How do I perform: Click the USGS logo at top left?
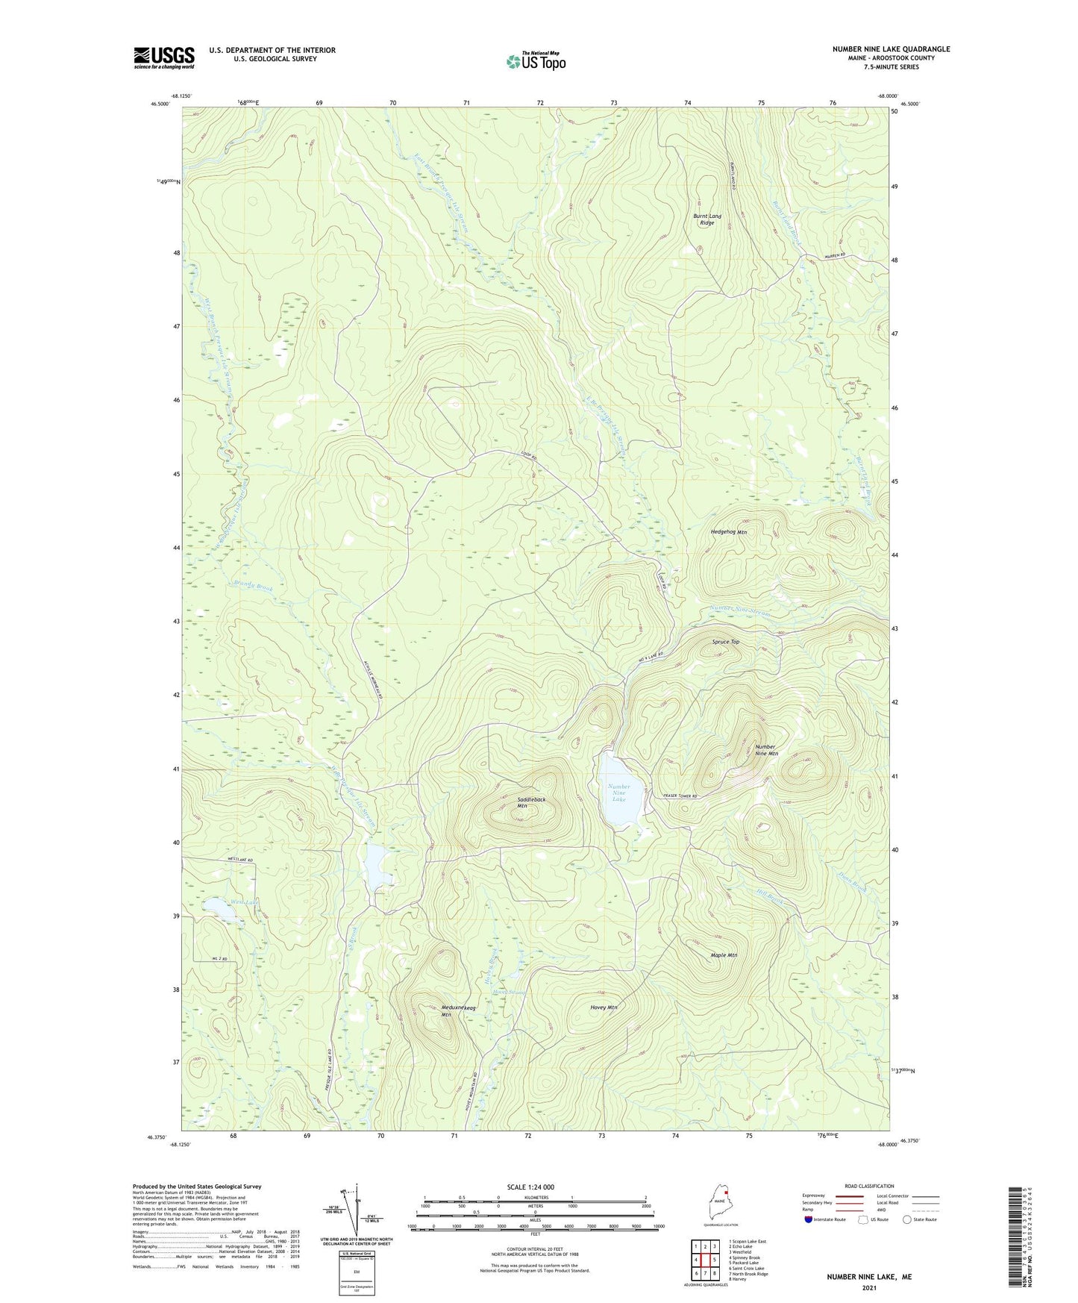[x=163, y=57]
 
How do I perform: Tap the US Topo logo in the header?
[x=535, y=61]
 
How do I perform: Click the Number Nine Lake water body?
[x=618, y=793]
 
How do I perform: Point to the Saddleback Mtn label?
[x=531, y=802]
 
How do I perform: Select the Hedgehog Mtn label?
[x=728, y=532]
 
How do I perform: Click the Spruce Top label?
[x=725, y=642]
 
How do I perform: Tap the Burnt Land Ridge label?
[x=707, y=219]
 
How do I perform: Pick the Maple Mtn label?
[x=724, y=955]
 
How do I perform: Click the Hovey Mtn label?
[x=604, y=1007]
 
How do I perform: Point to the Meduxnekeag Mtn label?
[x=458, y=1011]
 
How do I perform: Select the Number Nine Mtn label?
[x=766, y=750]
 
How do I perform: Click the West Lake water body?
[x=217, y=907]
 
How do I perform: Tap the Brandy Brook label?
[x=254, y=587]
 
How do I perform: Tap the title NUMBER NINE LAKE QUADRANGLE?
[x=891, y=49]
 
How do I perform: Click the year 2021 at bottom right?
[x=868, y=1287]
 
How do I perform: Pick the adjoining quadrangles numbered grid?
[x=705, y=1260]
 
